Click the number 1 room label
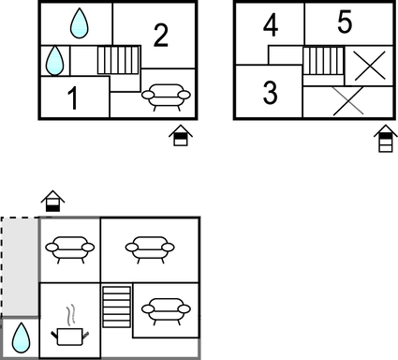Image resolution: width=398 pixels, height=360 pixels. coord(73,97)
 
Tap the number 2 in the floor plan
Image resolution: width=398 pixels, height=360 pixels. coord(161,36)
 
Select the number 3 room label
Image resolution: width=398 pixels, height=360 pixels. coord(271,92)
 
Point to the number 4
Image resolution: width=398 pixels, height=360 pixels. coord(271,25)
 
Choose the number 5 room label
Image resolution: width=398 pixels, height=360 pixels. coord(345,22)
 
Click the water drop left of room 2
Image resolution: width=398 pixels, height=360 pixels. coord(80,23)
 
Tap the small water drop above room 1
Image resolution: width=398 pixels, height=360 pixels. coord(54,61)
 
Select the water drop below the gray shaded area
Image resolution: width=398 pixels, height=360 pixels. coord(22,338)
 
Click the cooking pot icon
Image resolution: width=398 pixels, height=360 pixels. coord(70,337)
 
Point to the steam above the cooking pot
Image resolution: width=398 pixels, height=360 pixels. coord(71,314)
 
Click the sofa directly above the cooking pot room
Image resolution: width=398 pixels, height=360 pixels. coord(70,249)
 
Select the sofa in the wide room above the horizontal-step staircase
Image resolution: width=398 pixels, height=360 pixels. coord(150,249)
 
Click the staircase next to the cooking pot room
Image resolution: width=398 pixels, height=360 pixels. coord(117,307)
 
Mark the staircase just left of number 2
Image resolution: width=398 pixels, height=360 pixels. coord(118,60)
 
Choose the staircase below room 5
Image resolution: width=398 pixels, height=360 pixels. coord(323,61)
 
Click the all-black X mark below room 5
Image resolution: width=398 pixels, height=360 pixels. coord(370,66)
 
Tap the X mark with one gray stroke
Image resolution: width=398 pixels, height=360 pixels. coord(348,101)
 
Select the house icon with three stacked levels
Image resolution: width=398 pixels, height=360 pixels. coord(386,139)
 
